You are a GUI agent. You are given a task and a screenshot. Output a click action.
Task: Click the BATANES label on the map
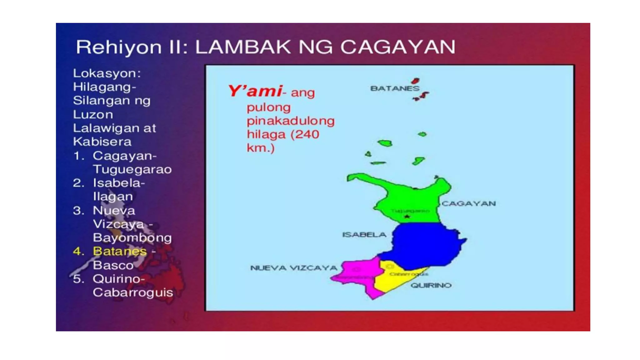[x=395, y=88]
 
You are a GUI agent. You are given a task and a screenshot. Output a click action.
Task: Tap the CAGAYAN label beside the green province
[x=469, y=204]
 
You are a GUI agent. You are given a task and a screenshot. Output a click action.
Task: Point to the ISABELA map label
[x=364, y=235]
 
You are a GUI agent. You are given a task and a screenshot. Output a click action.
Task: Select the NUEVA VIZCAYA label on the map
[x=294, y=268]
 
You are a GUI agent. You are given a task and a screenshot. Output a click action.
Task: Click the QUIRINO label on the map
[x=431, y=285]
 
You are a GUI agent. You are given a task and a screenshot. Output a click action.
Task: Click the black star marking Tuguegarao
[x=407, y=216]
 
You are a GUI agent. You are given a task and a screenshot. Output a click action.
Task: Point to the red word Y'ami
[x=255, y=91]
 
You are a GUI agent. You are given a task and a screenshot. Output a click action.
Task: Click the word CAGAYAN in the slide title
[x=398, y=47]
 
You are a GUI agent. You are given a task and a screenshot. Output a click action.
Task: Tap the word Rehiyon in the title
[x=119, y=47]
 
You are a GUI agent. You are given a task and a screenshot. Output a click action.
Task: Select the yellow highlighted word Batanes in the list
[x=120, y=251]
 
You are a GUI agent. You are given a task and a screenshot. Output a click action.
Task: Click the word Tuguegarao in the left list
[x=132, y=169]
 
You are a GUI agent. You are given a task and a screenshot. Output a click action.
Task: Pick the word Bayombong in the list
[x=132, y=237]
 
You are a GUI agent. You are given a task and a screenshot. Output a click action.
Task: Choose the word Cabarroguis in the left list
[x=133, y=292]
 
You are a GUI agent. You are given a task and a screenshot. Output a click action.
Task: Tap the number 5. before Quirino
[x=78, y=279]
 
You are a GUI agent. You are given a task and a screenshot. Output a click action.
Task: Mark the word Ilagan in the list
[x=113, y=197]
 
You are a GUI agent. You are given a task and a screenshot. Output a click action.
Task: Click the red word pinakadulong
[x=291, y=121]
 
